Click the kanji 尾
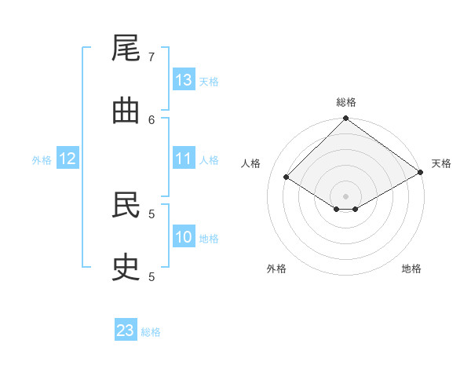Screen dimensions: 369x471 126,49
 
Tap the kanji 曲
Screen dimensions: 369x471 126,111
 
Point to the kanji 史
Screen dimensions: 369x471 126,269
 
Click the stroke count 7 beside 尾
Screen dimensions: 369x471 152,57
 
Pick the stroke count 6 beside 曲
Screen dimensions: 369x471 152,119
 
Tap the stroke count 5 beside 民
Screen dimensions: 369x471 152,214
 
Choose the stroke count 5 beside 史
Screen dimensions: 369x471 152,276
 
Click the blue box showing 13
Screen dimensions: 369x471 184,80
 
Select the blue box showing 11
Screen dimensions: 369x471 184,159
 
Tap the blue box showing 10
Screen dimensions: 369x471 184,237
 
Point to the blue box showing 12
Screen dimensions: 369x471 68,159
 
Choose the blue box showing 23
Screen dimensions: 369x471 126,331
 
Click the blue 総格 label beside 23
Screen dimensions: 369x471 152,332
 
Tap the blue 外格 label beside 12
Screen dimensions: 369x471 42,160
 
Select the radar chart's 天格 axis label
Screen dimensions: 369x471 441,163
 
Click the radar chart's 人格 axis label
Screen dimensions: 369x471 251,163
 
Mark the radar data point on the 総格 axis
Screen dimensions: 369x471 345,119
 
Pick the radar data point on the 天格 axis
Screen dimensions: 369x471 421,173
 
